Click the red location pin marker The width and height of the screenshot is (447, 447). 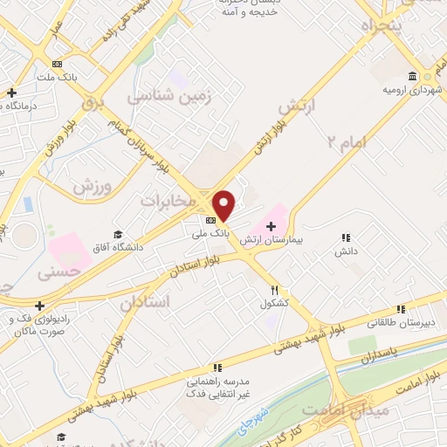click(x=224, y=204)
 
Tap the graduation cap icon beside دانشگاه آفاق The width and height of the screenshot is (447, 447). click(x=119, y=233)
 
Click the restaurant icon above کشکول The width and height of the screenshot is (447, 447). click(x=274, y=290)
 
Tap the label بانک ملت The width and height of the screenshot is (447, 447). click(x=58, y=77)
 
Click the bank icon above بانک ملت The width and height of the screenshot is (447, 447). click(x=58, y=64)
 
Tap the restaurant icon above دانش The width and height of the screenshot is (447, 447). click(x=346, y=237)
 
